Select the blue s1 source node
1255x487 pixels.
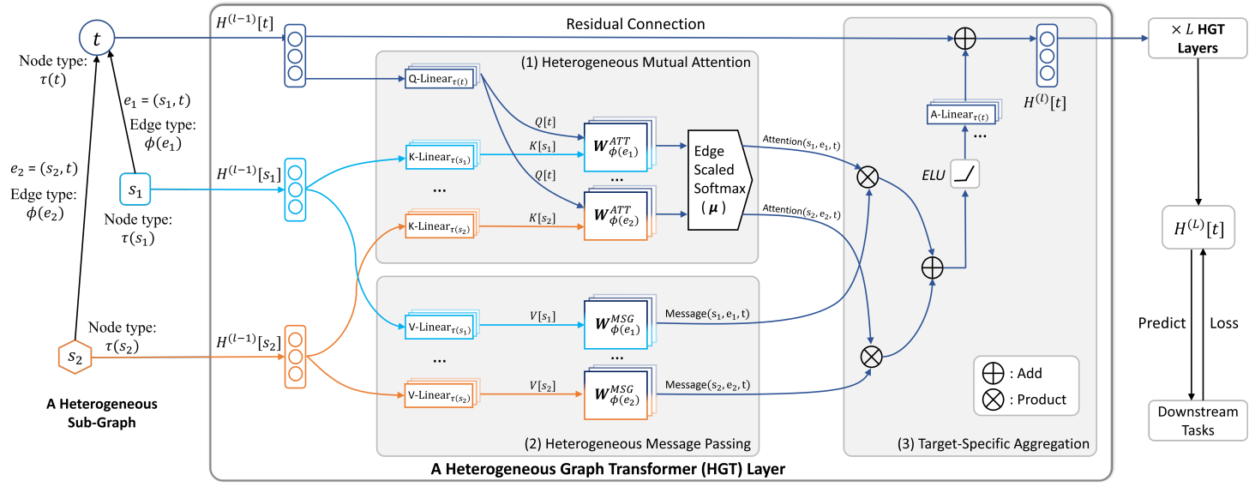[135, 189]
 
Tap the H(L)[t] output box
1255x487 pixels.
[1198, 227]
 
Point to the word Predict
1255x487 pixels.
[1162, 322]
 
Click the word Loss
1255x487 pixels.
[1224, 322]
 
